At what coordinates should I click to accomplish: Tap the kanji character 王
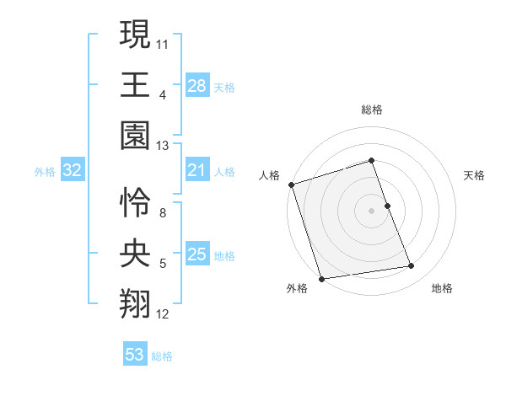135,84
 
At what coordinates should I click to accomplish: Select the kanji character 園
135,135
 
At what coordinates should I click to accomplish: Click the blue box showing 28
196,86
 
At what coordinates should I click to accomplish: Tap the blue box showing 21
196,171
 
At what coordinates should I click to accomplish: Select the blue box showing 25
196,255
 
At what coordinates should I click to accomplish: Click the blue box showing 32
73,171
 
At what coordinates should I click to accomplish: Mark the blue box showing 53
135,355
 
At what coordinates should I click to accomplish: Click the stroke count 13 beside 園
163,146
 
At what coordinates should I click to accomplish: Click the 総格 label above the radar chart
372,110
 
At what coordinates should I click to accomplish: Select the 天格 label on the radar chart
475,175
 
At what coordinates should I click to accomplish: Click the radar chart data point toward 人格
291,185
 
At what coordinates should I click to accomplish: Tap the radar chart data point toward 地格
412,266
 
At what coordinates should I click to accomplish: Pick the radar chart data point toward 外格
321,279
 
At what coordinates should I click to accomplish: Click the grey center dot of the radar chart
372,211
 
